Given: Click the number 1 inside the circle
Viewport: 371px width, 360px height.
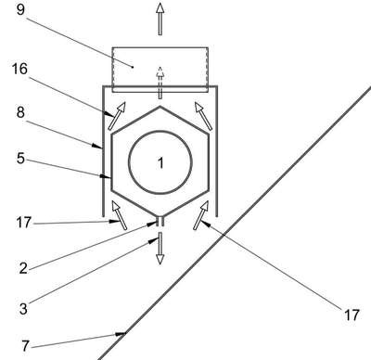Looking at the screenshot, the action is coord(160,163).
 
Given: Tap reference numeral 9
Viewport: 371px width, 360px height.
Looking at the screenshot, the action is coord(19,9).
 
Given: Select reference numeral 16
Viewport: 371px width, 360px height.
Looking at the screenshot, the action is coord(19,69).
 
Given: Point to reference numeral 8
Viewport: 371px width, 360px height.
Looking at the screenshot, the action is coord(20,112).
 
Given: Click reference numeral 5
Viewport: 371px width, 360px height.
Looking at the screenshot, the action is coord(20,159).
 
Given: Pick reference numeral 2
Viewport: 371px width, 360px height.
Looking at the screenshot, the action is coord(23,268).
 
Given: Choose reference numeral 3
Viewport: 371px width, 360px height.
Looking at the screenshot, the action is coord(23,309).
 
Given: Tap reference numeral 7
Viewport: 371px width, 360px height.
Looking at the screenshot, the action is coord(26,346).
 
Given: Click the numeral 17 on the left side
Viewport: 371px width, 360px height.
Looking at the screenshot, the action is coord(24,223).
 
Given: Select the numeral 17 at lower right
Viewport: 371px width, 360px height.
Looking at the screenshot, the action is coord(352,315).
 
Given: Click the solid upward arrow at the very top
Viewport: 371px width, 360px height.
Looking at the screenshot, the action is coord(160,19).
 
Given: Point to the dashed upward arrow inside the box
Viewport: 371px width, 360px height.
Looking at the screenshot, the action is coord(160,83).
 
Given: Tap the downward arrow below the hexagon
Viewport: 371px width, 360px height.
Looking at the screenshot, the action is coord(160,249).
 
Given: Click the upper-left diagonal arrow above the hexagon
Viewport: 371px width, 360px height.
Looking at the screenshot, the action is coord(117,116).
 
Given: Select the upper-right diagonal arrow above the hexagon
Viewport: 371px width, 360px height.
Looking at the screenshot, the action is coord(203,116).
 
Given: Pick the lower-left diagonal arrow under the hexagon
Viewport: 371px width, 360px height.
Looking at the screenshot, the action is coord(120,215).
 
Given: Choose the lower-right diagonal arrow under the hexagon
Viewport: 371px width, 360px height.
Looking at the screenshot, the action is coord(200,215).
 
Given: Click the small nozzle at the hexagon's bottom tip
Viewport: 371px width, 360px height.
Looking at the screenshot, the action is coord(160,222).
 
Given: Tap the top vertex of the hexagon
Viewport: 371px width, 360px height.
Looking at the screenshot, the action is coord(160,107).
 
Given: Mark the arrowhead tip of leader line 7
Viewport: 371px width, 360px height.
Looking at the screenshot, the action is coord(125,333).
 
